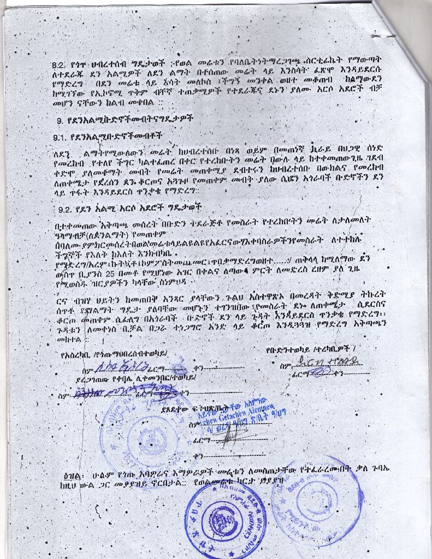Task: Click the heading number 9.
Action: coord(60,118)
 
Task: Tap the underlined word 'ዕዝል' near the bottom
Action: coord(71,473)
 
